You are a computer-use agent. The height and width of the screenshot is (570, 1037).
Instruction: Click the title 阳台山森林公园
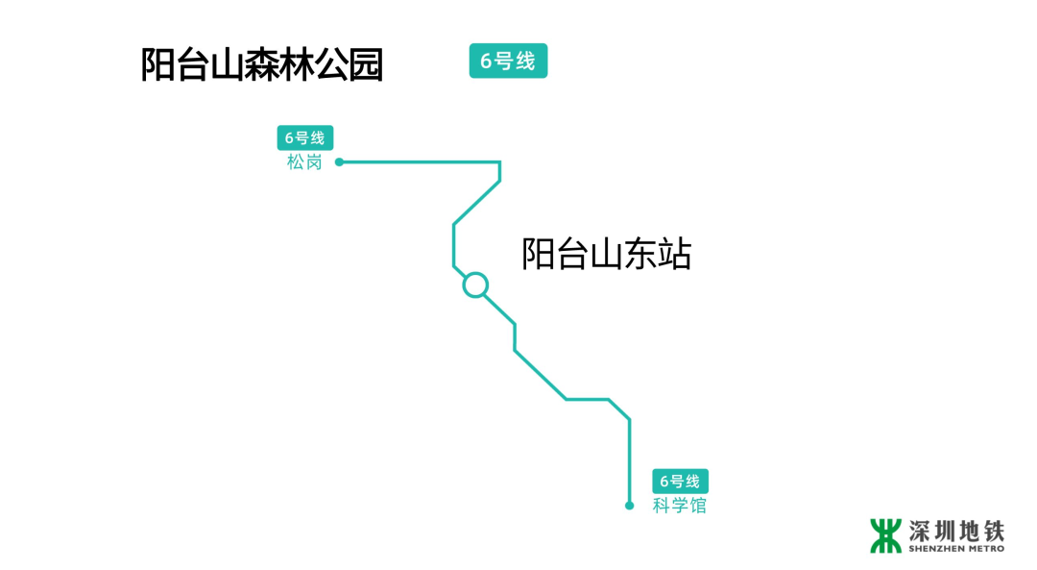(262, 65)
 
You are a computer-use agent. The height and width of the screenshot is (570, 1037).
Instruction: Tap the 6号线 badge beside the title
(508, 61)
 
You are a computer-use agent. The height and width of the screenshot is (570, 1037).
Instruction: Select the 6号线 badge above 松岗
(305, 138)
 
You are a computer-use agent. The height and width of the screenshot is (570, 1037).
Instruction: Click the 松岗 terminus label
(304, 162)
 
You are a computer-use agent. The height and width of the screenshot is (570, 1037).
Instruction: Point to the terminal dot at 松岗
(339, 162)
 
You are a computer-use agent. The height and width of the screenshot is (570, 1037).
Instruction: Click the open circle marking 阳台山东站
(475, 285)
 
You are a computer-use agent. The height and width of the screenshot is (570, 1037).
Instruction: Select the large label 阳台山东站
(606, 255)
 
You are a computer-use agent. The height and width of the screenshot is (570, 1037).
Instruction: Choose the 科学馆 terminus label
(679, 506)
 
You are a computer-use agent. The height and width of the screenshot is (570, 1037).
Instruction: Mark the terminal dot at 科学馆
(630, 506)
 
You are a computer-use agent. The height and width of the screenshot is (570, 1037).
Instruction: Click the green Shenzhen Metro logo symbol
(885, 535)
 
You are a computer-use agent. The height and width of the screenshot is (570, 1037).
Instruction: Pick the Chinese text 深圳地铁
(956, 530)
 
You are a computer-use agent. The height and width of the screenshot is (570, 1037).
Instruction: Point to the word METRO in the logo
(982, 549)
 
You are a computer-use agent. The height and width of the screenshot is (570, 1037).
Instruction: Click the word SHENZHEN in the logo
(933, 549)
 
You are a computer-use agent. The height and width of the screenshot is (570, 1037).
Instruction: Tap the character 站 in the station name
(675, 255)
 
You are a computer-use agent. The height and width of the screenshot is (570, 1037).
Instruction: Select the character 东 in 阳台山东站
(640, 255)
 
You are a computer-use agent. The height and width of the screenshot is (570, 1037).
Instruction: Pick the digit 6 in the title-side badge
(486, 62)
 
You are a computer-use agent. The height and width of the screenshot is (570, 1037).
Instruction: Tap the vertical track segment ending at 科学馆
(630, 461)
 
